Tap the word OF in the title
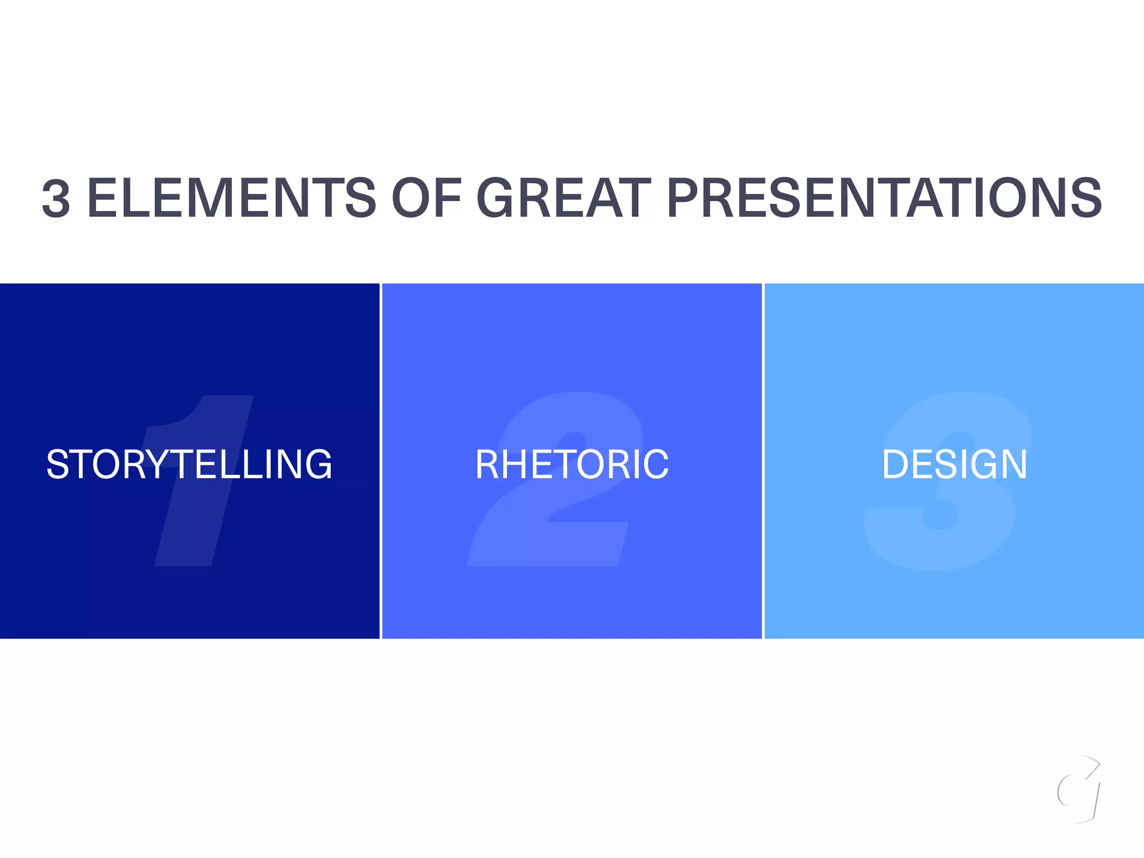pyautogui.click(x=427, y=198)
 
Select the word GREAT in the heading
pyautogui.click(x=564, y=198)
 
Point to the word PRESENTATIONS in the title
pyautogui.click(x=884, y=198)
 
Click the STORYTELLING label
pyautogui.click(x=189, y=465)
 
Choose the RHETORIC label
pyautogui.click(x=572, y=465)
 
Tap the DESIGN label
pyautogui.click(x=954, y=465)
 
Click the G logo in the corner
pyautogui.click(x=1079, y=790)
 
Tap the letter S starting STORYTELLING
pyautogui.click(x=58, y=465)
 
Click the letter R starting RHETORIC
pyautogui.click(x=488, y=465)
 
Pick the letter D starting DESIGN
pyautogui.click(x=895, y=465)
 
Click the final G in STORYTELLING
pyautogui.click(x=317, y=465)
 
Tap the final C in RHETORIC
pyautogui.click(x=655, y=465)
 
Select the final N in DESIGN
pyautogui.click(x=1013, y=465)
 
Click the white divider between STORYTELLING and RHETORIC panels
pyautogui.click(x=381, y=461)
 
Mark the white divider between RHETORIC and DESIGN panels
pyautogui.click(x=763, y=461)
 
